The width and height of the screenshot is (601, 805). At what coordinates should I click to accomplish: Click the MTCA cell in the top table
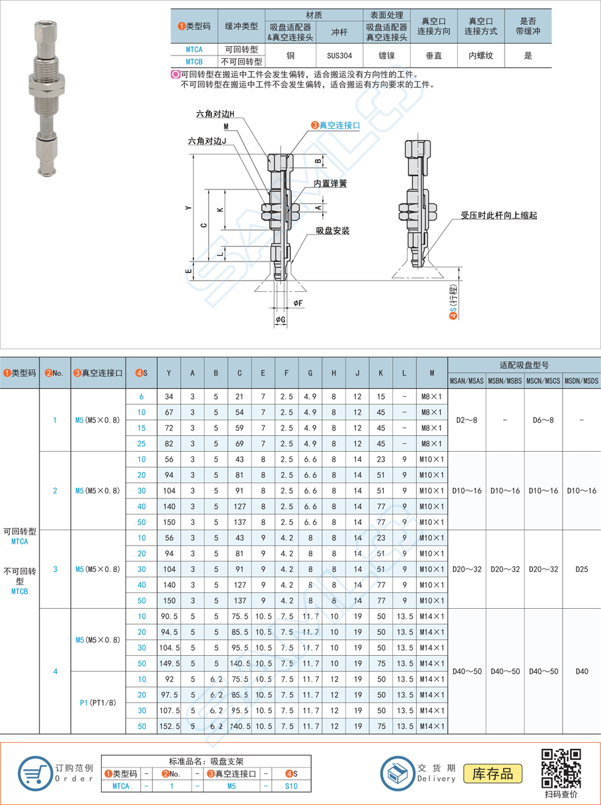[x=194, y=50]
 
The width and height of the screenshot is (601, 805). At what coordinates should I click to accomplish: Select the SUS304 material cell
[x=339, y=55]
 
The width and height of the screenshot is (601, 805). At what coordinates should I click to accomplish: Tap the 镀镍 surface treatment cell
[x=386, y=55]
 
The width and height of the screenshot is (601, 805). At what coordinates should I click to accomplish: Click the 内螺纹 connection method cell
[x=480, y=55]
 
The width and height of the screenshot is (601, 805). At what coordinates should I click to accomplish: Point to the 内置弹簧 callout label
[x=330, y=184]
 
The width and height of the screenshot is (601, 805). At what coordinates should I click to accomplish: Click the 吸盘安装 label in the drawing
[x=332, y=231]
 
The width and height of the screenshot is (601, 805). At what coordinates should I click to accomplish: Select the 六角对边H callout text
[x=215, y=114]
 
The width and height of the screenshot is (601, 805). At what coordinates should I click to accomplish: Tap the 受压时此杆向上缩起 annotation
[x=499, y=216]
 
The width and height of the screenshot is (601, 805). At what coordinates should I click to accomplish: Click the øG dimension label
[x=281, y=320]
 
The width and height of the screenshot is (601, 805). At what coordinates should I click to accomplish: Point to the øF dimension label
[x=298, y=303]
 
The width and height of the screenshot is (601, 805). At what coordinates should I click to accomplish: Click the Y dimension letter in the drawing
[x=188, y=207]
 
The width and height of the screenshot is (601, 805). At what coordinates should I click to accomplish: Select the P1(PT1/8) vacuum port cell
[x=97, y=703]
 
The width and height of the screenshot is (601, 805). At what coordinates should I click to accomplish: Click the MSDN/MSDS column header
[x=581, y=381]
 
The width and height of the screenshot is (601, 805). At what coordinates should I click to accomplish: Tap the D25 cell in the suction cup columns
[x=581, y=569]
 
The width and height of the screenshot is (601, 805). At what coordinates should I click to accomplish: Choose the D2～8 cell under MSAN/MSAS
[x=466, y=420]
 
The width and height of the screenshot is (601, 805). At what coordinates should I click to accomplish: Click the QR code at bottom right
[x=561, y=768]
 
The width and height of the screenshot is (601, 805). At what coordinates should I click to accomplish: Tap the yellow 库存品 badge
[x=492, y=773]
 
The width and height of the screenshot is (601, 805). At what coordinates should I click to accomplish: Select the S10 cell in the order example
[x=291, y=786]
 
